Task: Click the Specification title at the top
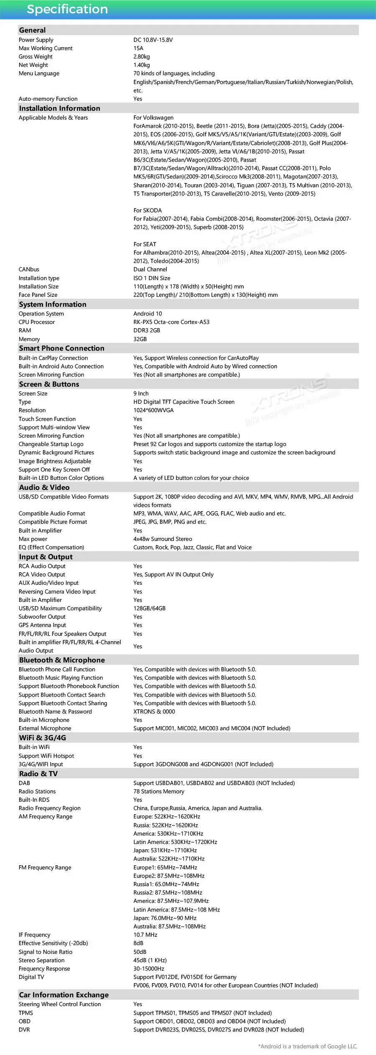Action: (67, 9)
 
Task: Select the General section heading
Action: (32, 30)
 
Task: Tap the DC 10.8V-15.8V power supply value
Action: (153, 40)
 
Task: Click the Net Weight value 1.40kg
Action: (142, 65)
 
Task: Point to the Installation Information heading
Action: (59, 108)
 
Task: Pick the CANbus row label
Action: (29, 270)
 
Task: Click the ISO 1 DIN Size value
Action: (152, 278)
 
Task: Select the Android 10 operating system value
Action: (147, 314)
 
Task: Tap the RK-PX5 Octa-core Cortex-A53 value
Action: (171, 322)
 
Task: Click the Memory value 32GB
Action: (140, 339)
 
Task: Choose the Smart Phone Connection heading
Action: (61, 349)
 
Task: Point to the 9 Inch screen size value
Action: (141, 394)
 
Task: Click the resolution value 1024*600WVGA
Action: (153, 410)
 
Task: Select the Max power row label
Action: (33, 539)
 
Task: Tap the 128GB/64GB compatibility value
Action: (149, 609)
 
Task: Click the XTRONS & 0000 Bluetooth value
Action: (154, 712)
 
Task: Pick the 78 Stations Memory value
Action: (159, 792)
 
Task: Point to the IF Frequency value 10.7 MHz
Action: (145, 935)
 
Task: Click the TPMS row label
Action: (25, 1013)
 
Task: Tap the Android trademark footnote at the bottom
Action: (308, 1047)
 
